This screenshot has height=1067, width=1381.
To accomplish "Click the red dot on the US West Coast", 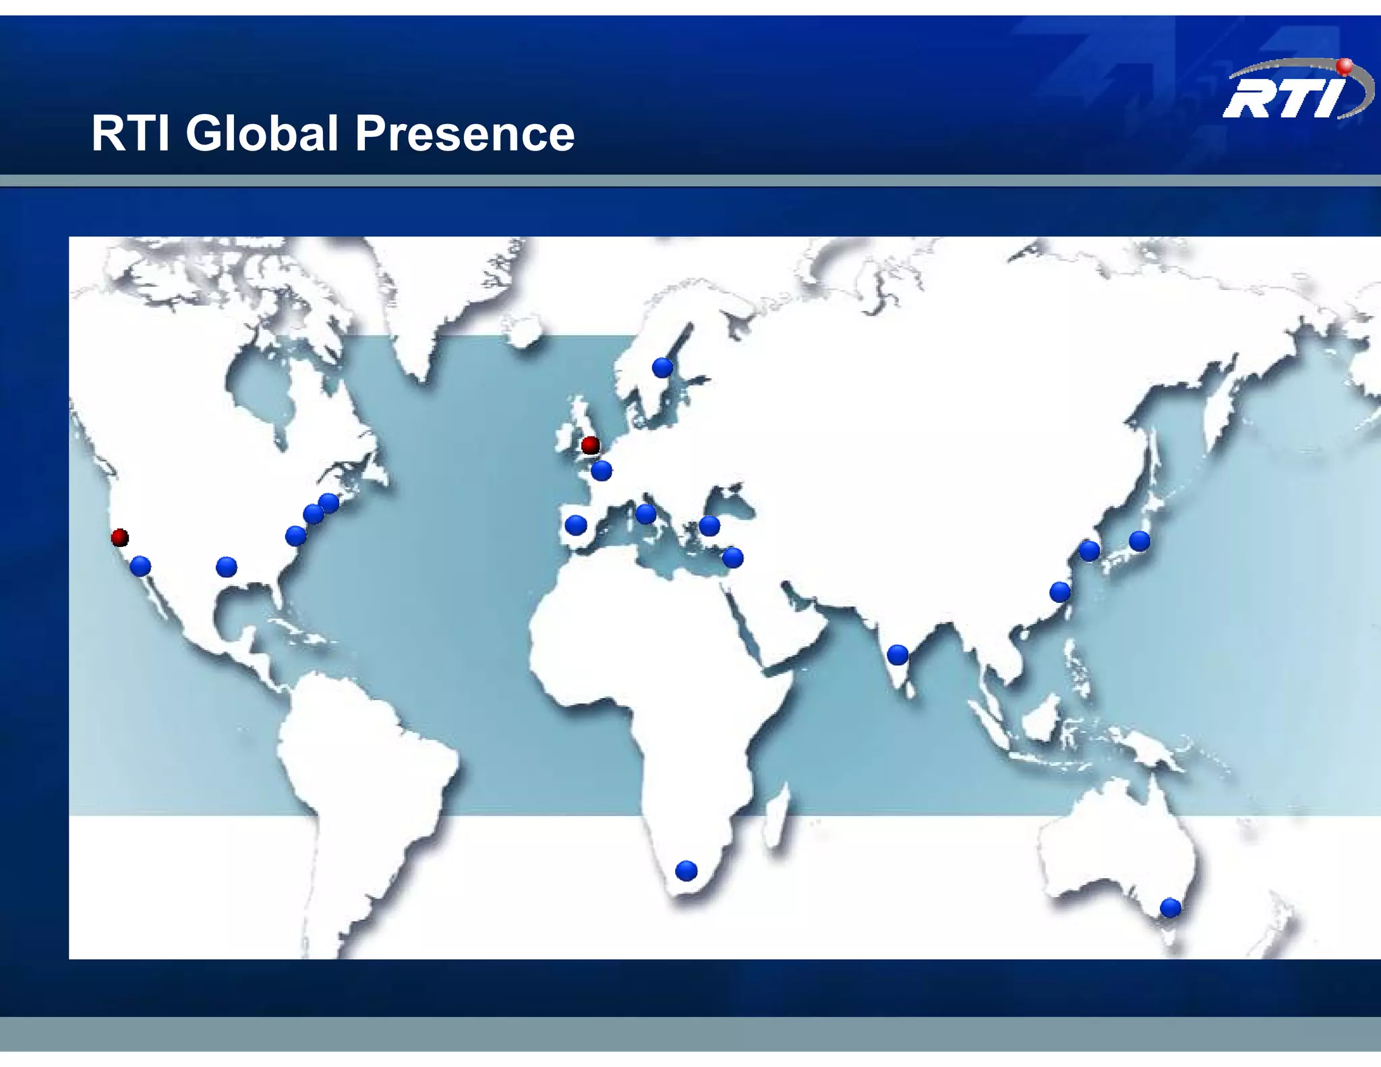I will pos(120,538).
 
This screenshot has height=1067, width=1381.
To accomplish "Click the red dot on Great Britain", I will pos(590,445).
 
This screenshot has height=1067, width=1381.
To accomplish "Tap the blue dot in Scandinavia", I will pos(662,368).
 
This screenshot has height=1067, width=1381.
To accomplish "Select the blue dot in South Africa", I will pos(686,871).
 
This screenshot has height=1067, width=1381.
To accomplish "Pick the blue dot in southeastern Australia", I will pos(1170,908).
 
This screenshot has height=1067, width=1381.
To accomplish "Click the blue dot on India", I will pos(898,654).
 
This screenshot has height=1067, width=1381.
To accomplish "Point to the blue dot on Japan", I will pos(1140,541).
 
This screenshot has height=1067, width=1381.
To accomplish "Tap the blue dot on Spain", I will pos(575,525).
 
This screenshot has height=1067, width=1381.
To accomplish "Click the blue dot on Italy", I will pos(645,514).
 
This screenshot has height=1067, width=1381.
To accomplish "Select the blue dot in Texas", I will pos(227,567).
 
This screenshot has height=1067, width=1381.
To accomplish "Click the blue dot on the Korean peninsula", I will pos(1089,550).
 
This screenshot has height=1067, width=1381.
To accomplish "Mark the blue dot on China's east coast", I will pos(1060,592).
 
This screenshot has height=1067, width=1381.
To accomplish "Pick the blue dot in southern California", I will pos(140,566).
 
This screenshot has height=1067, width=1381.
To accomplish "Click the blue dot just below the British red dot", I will pos(601,470).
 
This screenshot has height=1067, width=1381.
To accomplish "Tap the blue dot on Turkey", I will pos(709,525).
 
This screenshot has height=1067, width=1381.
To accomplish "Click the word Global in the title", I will pos(262,133).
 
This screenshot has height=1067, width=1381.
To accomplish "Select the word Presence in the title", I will pos(465,133).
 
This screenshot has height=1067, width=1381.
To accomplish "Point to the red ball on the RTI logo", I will pos(1345,65).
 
